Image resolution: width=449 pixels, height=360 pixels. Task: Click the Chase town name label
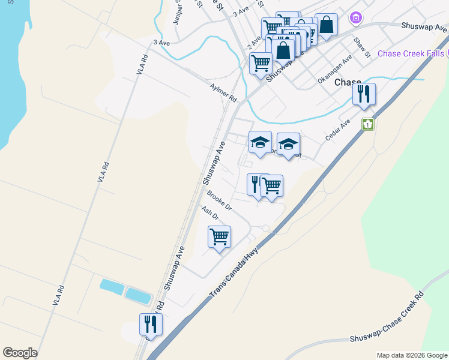[x=348, y=82]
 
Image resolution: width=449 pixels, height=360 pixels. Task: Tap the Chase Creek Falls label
[x=411, y=53]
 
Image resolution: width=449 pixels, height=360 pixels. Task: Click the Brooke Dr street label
[x=219, y=200]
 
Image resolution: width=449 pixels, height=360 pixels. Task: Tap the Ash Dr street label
[x=210, y=213]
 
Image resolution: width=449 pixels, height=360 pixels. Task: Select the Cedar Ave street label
[x=337, y=131]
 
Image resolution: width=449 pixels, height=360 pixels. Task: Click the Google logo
[x=20, y=353]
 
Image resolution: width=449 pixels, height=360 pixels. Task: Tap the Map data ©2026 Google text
[x=411, y=355]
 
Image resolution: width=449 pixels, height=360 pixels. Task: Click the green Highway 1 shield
[x=367, y=124]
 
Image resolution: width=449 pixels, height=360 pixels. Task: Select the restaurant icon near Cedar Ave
[x=364, y=95]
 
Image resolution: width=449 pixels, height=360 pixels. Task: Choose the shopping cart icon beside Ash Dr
[x=219, y=236]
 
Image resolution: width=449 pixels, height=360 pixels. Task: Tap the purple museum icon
[x=356, y=17]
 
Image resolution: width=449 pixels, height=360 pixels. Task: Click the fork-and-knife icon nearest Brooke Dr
[x=256, y=184]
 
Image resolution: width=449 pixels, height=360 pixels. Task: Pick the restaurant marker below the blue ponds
[x=150, y=325]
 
